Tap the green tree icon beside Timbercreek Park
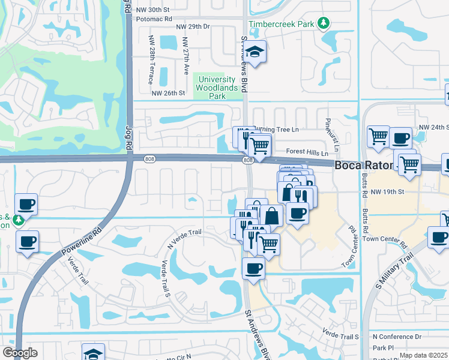pyautogui.click(x=324, y=23)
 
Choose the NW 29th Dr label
pyautogui.click(x=193, y=27)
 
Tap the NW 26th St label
pyautogui.click(x=167, y=93)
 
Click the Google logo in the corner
pyautogui.click(x=20, y=353)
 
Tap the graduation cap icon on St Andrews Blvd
pyautogui.click(x=256, y=53)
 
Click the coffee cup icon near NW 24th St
pyautogui.click(x=400, y=137)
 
